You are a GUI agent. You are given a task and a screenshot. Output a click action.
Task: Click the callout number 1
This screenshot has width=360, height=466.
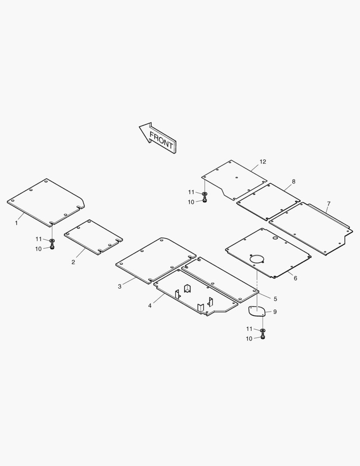point(16,223)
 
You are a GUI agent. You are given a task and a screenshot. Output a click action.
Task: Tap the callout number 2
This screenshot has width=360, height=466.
point(73,262)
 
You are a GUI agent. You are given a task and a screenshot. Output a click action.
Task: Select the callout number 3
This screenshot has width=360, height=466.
point(119,287)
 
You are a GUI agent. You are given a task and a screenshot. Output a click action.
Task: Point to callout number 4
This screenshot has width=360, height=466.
point(150,305)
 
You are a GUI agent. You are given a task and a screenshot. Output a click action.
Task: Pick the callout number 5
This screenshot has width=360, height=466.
point(275,299)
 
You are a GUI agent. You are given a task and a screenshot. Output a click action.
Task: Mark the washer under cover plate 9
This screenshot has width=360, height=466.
point(263,331)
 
